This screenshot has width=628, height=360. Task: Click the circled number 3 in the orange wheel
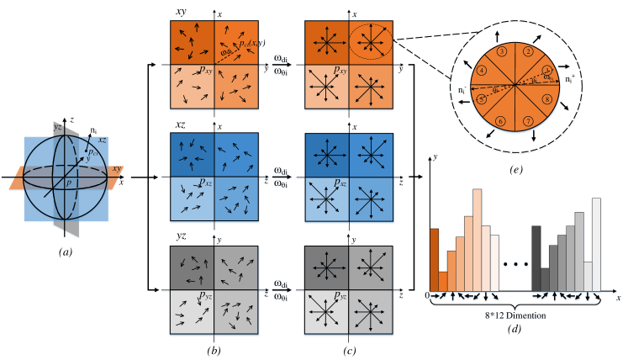pyautogui.click(x=501, y=52)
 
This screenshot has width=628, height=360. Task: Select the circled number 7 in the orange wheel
pyautogui.click(x=528, y=120)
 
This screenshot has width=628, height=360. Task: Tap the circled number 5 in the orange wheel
pyautogui.click(x=481, y=98)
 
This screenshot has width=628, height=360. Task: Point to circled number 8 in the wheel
pyautogui.click(x=548, y=99)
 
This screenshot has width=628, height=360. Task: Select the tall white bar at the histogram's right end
pyautogui.click(x=597, y=244)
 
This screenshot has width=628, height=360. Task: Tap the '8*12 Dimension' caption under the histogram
pyautogui.click(x=516, y=316)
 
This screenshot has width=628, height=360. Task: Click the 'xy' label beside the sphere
pyautogui.click(x=117, y=170)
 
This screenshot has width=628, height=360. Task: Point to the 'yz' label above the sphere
pyautogui.click(x=57, y=126)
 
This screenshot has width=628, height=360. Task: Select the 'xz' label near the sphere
pyautogui.click(x=102, y=140)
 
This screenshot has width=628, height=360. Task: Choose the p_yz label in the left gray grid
pyautogui.click(x=205, y=296)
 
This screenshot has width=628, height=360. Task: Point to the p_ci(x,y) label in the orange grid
pyautogui.click(x=251, y=44)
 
